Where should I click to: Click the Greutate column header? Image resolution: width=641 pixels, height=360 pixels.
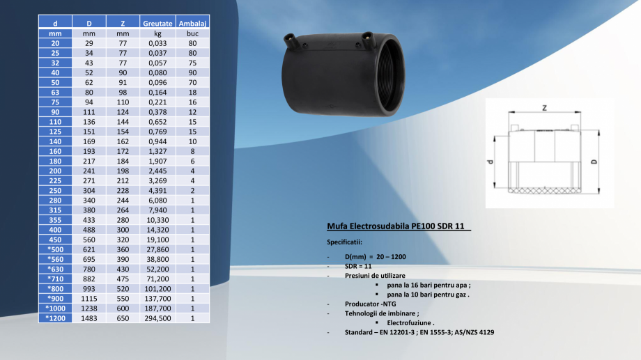(157, 23)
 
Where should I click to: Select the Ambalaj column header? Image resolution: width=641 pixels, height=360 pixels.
(193, 23)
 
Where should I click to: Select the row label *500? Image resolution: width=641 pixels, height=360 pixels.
(56, 249)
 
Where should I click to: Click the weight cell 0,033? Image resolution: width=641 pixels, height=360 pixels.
(157, 42)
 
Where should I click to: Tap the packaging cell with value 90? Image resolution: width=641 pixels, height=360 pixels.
(193, 72)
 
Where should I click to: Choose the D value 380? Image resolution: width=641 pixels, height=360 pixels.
(89, 210)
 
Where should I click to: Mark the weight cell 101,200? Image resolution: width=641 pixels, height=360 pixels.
(157, 288)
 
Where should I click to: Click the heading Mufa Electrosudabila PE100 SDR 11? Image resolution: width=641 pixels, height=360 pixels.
(399, 226)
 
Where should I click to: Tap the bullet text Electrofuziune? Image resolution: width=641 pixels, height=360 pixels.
(411, 323)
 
